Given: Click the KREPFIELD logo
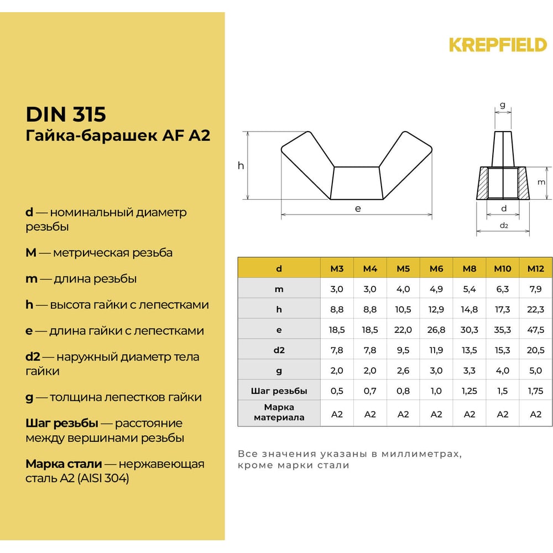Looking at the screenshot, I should [498, 44].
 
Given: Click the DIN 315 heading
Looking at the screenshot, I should [65, 114].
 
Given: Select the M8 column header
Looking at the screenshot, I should [469, 269].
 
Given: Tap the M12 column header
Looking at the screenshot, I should [535, 269].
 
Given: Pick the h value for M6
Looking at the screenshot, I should [436, 310].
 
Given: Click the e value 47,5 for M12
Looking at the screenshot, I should [535, 330].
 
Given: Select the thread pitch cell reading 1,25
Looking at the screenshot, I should [469, 391].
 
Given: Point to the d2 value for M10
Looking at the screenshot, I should [502, 350].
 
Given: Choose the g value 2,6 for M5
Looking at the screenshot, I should [403, 371].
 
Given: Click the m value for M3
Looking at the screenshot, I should [337, 289].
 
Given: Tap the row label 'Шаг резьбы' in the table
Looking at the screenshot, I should [279, 391].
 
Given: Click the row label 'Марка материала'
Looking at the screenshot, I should [279, 413].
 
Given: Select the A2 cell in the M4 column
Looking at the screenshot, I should [370, 414].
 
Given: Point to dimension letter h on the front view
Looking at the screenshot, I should [241, 165].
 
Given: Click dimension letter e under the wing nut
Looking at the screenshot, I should [358, 208].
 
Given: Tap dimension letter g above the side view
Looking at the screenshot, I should [502, 105].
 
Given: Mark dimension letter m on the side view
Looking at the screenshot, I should [541, 182].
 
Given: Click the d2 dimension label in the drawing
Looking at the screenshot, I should [503, 226].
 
